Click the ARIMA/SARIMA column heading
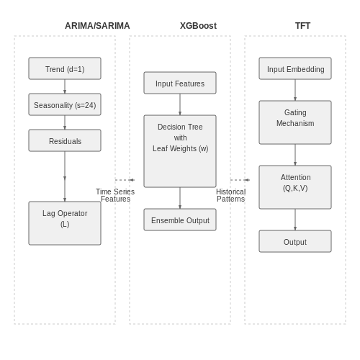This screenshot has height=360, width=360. point(97,26)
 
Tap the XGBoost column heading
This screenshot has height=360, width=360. point(198,26)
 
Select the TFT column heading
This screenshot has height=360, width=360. point(302,26)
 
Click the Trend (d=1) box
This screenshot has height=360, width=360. point(65,68)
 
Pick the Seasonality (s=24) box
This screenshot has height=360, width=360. point(65,104)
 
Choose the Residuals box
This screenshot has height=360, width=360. point(65,140)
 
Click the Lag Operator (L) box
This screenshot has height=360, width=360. point(65,223)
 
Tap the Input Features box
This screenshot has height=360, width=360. point(180,83)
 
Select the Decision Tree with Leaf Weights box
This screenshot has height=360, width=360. point(180,151)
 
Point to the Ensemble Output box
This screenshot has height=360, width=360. point(180,220)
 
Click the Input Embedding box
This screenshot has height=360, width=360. point(295,68)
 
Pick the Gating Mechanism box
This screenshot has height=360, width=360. point(295,122)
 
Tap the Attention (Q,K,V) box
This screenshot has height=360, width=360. point(295,187)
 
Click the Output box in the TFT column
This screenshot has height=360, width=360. point(295,241)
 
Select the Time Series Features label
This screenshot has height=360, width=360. point(115,195)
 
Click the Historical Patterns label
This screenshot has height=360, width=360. point(230,195)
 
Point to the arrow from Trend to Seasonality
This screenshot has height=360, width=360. point(65,86)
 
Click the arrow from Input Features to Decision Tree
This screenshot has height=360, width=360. point(180,104)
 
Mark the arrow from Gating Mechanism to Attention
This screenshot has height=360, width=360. point(295,155)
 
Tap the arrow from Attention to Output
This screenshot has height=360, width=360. point(295,220)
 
